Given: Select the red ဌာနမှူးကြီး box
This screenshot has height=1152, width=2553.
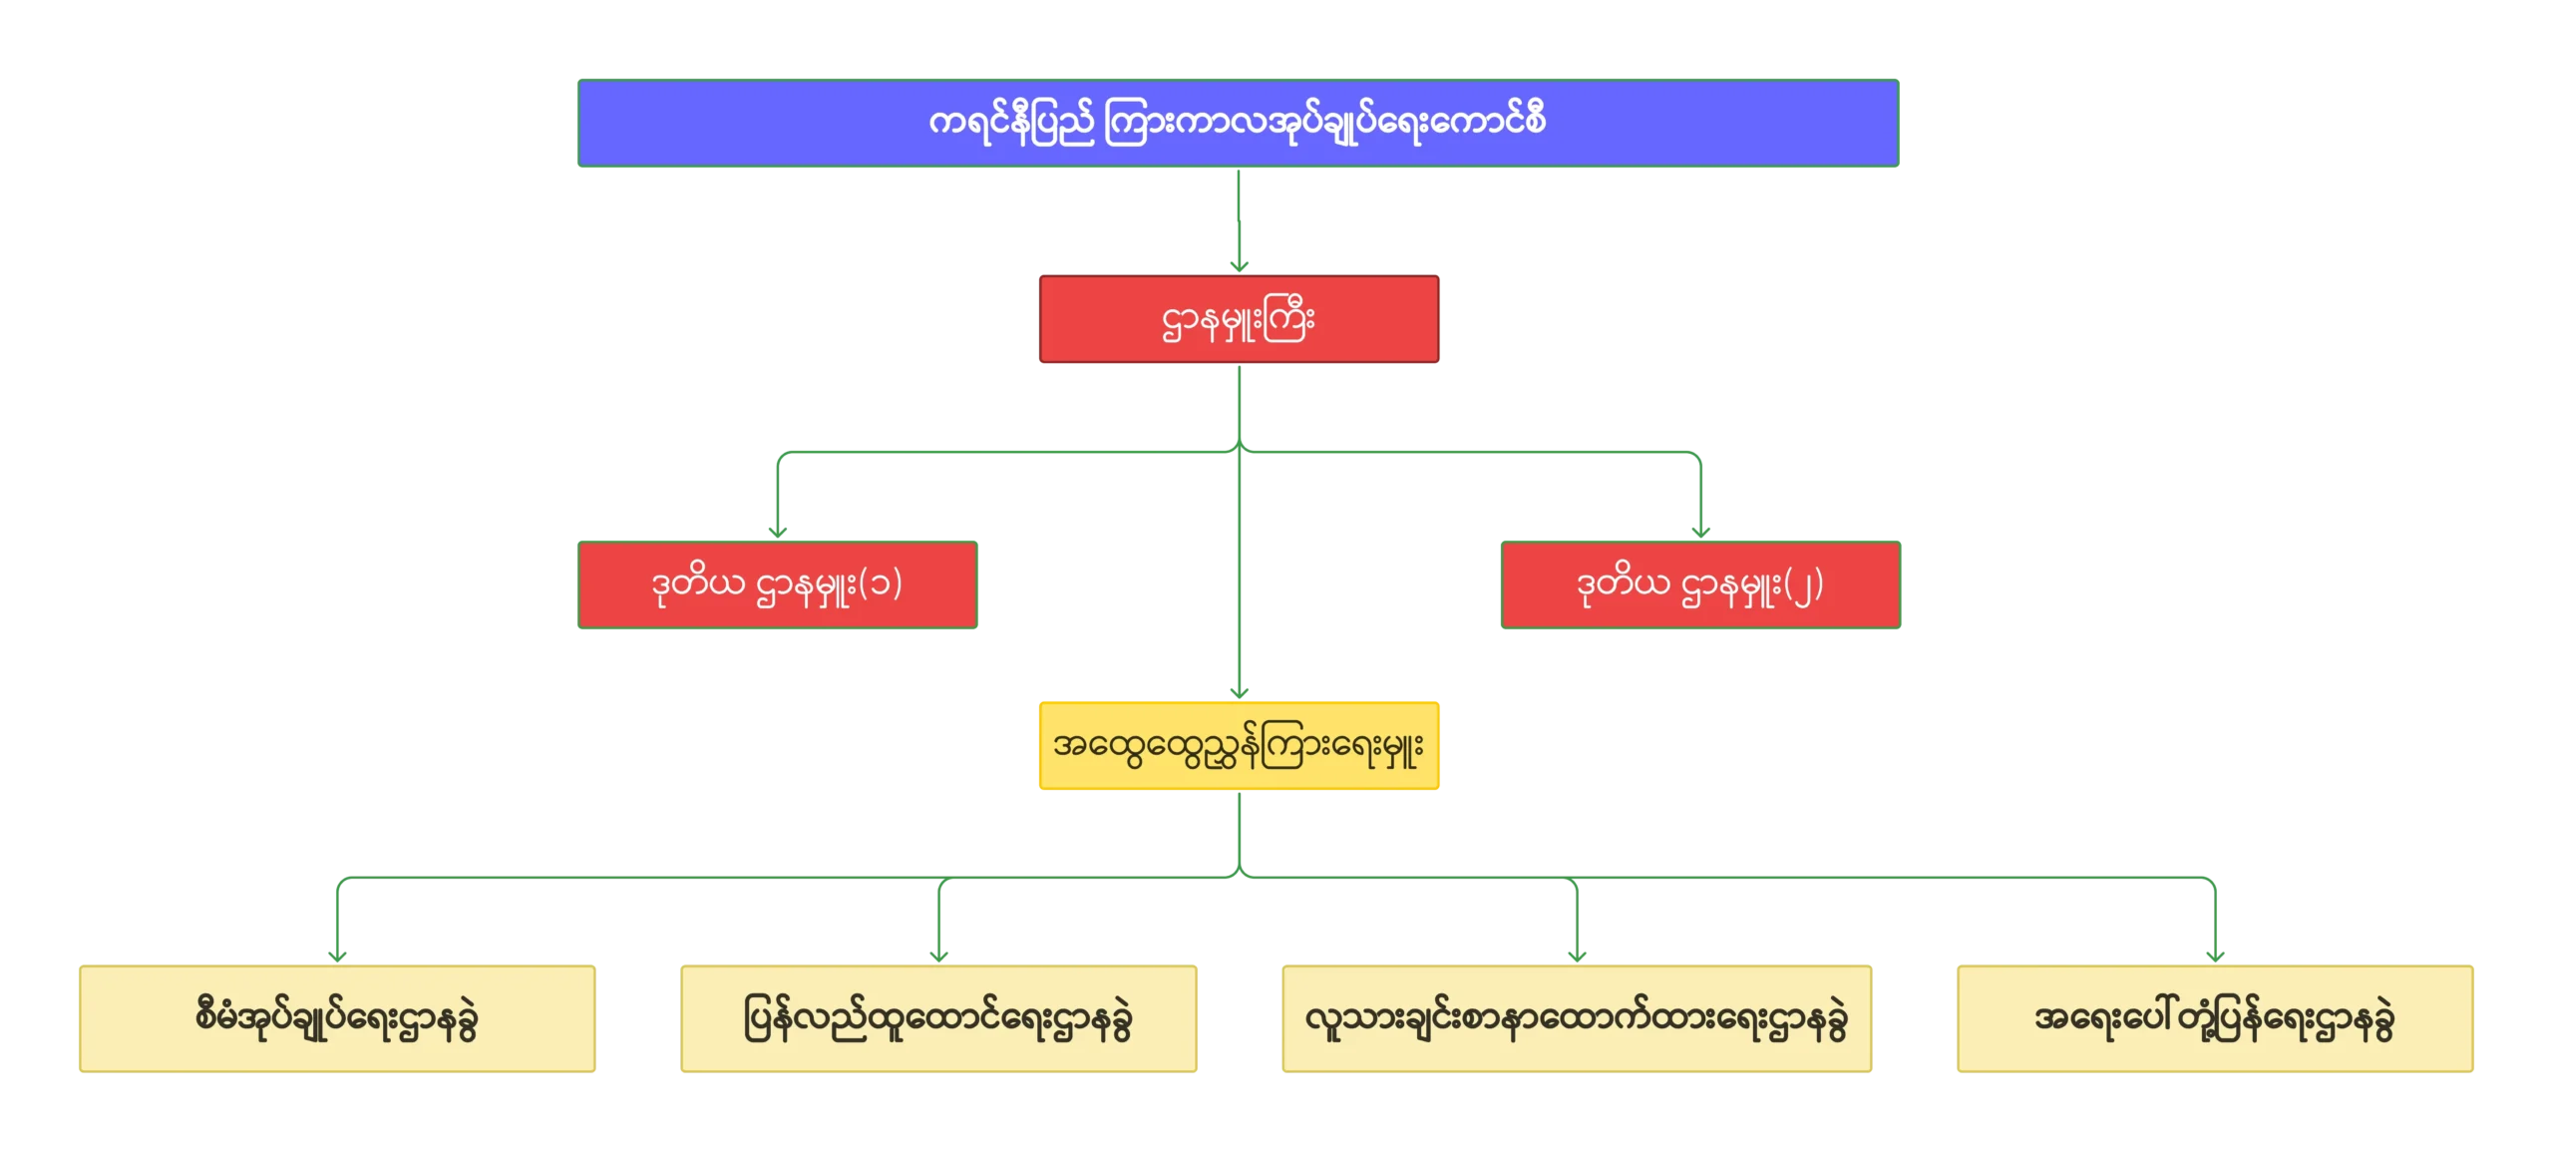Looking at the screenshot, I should [1239, 320].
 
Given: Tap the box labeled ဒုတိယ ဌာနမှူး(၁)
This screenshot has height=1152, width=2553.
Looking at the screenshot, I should [777, 583].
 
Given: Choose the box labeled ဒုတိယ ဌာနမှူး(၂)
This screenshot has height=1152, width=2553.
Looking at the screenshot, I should [1701, 583].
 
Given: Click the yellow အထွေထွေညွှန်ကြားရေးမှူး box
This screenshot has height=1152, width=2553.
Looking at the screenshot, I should [1239, 746].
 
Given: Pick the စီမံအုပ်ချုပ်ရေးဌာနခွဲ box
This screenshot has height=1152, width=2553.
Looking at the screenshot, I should [336, 1018].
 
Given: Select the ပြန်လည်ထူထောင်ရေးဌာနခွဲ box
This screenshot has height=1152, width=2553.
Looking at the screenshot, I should [938, 1018].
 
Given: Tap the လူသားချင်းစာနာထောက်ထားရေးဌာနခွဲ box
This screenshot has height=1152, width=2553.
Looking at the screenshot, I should [1576, 1018].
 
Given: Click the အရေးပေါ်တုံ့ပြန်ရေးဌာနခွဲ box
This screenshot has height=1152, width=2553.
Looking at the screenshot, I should [2215, 1018].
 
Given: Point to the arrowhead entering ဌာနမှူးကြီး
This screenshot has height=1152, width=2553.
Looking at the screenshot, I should [1239, 264].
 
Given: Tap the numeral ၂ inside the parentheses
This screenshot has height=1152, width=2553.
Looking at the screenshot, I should [1803, 586].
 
